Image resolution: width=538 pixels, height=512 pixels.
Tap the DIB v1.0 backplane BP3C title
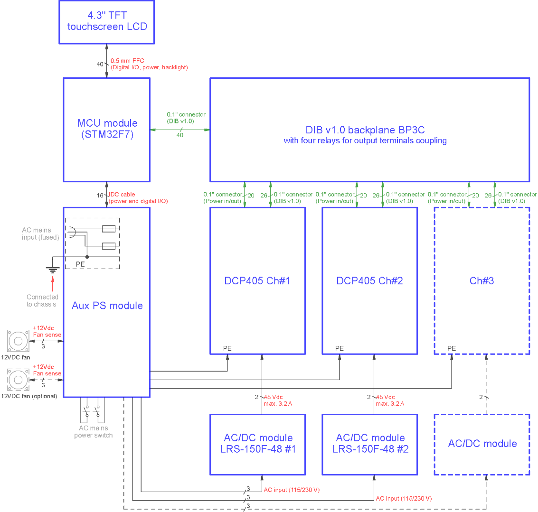pos(365,130)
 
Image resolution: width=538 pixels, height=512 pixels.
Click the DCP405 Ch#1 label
pos(257,281)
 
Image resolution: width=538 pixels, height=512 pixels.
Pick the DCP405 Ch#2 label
pos(369,281)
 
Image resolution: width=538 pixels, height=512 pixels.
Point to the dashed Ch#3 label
pos(481,281)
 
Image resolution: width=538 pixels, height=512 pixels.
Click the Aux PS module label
pos(107,306)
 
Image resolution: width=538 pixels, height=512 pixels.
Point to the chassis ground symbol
pos(53,270)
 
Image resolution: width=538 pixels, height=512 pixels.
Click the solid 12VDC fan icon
pos(18,341)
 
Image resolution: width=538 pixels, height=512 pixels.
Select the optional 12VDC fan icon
pos(18,380)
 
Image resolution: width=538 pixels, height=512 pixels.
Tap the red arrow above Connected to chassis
pos(53,284)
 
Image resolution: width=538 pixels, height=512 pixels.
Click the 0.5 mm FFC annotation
pos(149,64)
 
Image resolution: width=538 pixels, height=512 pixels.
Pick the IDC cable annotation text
pos(138,198)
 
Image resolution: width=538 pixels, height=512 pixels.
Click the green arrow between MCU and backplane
pos(180,130)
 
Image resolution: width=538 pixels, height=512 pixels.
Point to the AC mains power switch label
pos(94,432)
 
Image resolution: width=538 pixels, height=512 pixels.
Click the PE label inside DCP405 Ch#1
pos(227,348)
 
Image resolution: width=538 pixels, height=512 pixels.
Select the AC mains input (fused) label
pos(40,233)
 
